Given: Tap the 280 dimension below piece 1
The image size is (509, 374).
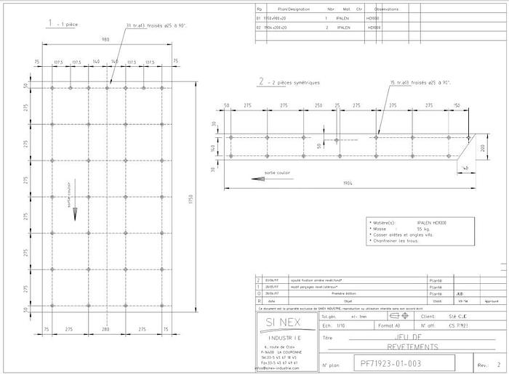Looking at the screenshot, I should point(106,329).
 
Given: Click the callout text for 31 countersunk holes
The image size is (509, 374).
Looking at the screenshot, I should point(156,25).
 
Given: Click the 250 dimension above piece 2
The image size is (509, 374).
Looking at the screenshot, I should point(318,106).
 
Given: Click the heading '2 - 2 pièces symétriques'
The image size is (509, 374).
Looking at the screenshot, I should point(289,82).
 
